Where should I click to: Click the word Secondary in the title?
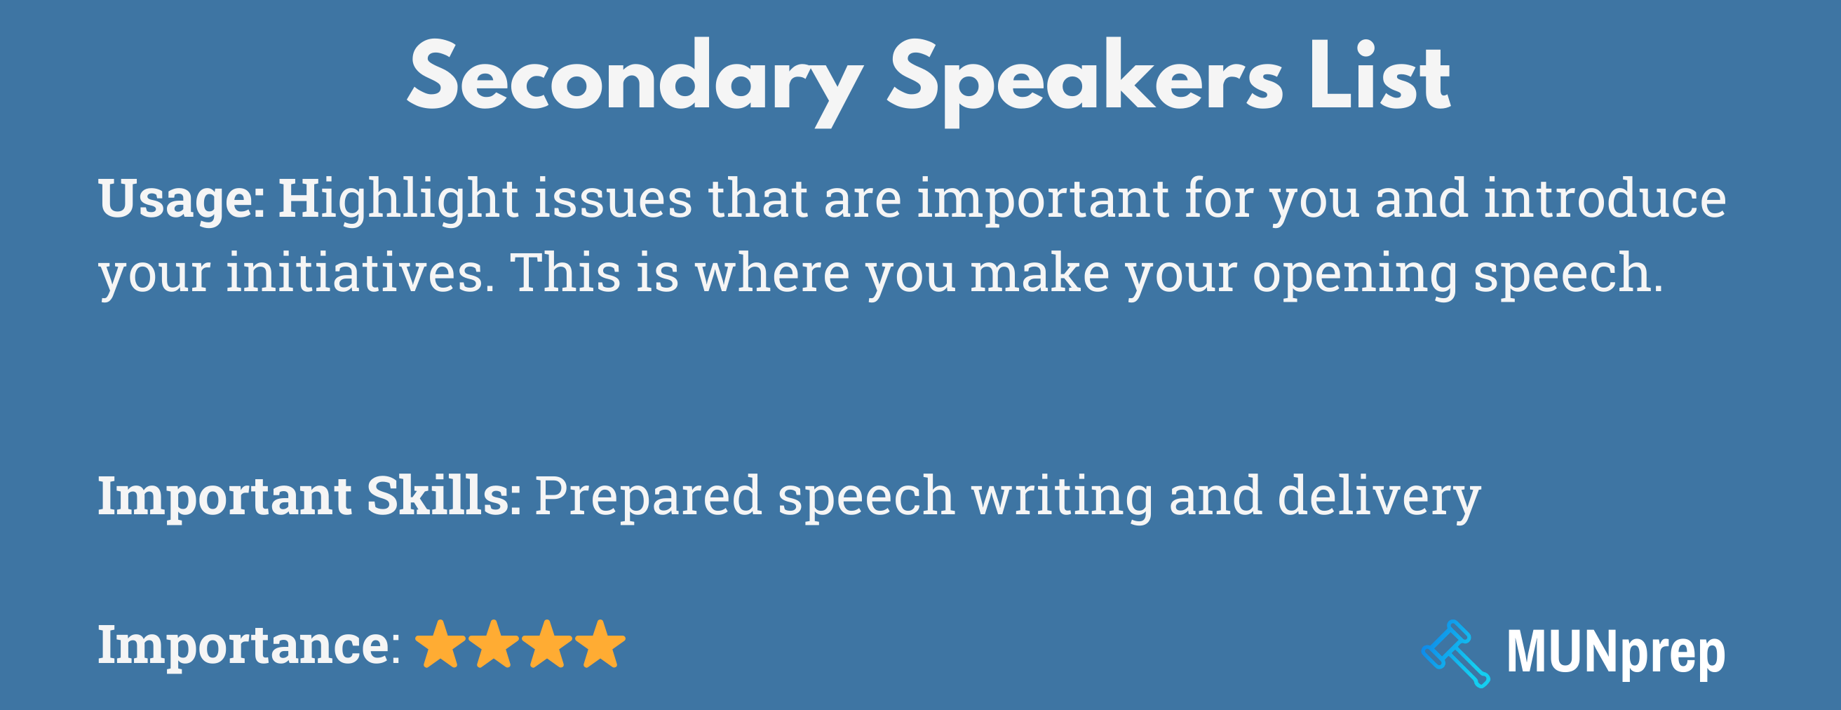635,79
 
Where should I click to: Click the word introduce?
1605,199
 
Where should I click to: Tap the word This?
565,273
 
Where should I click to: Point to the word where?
773,273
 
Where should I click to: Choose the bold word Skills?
444,496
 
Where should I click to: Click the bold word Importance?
243,645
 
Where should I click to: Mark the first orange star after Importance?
440,644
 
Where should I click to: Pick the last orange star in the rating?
600,644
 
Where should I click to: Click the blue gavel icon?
1455,652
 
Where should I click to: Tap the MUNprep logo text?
1615,652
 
